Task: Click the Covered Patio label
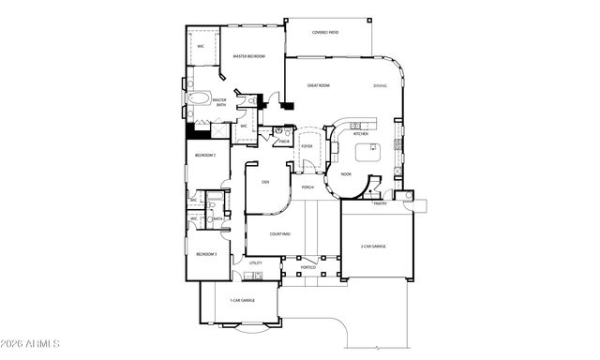click(x=325, y=32)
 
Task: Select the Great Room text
click(x=319, y=85)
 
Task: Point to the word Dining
click(x=380, y=85)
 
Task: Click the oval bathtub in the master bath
click(x=200, y=97)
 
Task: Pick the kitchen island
click(x=367, y=153)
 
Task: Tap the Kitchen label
click(x=361, y=134)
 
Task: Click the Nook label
click(x=346, y=173)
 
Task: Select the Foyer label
click(x=307, y=146)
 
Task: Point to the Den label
click(x=265, y=183)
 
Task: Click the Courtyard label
click(x=279, y=233)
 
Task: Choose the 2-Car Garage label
click(x=373, y=247)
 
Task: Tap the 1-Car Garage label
click(x=242, y=300)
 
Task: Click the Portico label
click(x=307, y=268)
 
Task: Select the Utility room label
click(x=254, y=264)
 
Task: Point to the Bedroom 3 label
click(x=206, y=254)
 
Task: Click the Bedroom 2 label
click(x=205, y=155)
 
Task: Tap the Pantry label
click(x=381, y=202)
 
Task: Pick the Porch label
click(x=307, y=187)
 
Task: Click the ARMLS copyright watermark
click(x=31, y=343)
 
